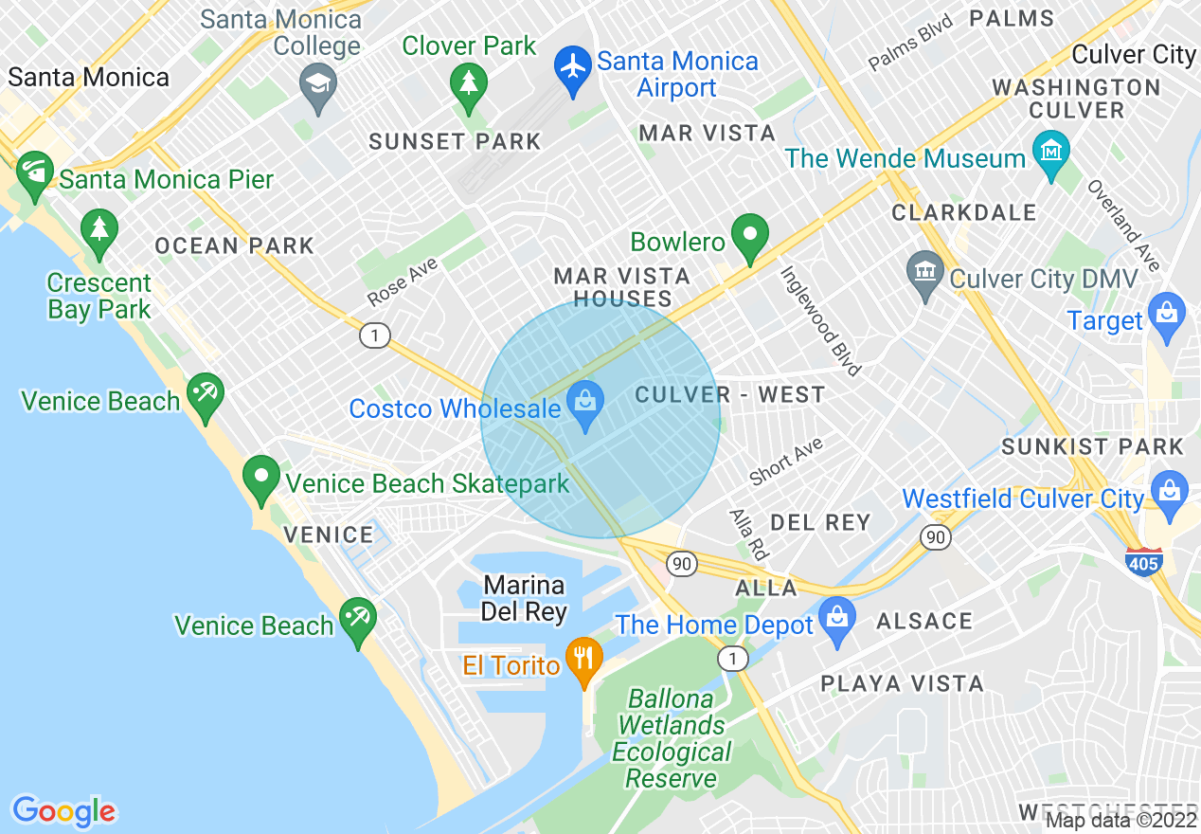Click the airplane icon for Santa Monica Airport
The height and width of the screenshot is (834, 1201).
(572, 70)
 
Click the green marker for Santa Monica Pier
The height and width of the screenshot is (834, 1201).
(35, 173)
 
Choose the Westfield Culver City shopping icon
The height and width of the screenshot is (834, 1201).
(1171, 493)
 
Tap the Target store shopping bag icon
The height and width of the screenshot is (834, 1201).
(1166, 315)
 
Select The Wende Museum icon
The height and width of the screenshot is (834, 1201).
(1051, 153)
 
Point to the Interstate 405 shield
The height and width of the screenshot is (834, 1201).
(1144, 562)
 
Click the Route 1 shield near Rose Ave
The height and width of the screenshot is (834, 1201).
(375, 335)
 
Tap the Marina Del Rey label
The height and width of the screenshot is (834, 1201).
(524, 598)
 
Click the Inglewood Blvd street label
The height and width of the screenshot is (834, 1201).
(819, 320)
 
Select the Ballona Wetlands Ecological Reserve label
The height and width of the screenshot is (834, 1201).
(672, 739)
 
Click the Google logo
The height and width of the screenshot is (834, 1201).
(63, 811)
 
